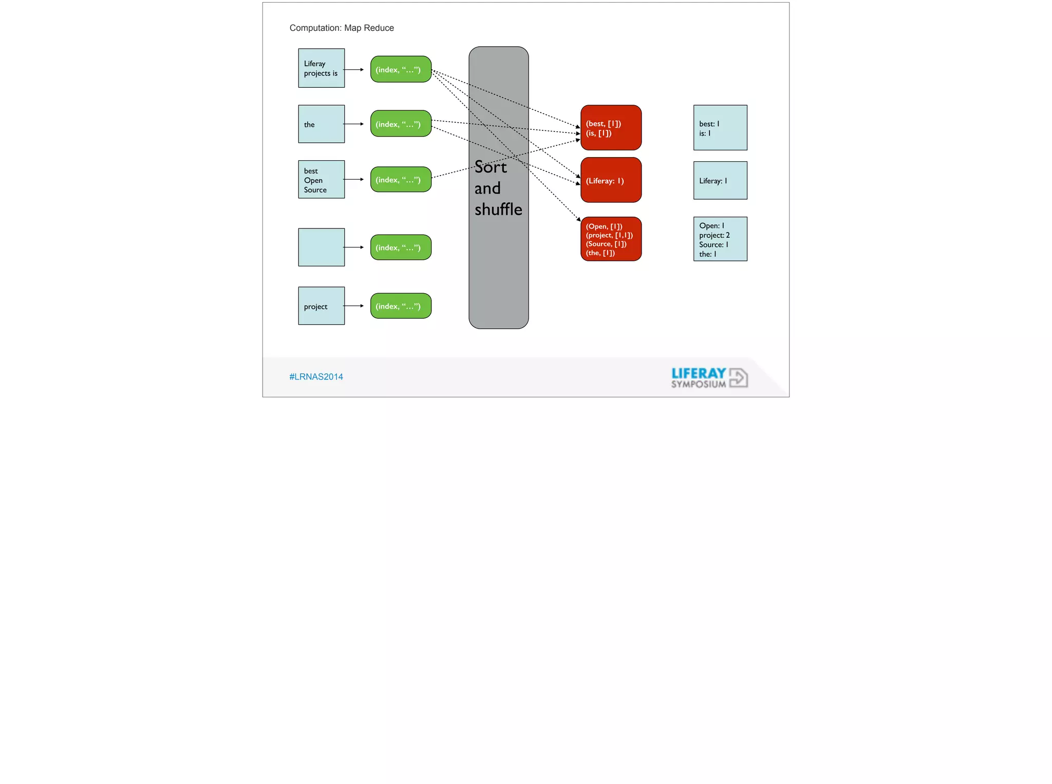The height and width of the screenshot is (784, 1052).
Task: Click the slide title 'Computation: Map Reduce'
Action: click(342, 28)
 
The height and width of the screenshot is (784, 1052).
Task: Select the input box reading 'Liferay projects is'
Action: click(321, 68)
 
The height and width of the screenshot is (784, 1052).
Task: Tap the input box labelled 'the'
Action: click(321, 124)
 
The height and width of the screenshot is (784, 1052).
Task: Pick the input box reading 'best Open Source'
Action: click(321, 180)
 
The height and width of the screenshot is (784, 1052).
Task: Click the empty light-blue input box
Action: click(321, 247)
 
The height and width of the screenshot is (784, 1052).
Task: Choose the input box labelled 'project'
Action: click(321, 306)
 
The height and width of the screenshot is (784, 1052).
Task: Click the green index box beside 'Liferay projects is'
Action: click(401, 69)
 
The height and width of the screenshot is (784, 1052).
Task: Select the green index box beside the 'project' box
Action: click(401, 306)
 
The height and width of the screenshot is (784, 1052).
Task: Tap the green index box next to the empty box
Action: click(401, 247)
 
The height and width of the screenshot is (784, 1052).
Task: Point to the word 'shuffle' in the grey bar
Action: click(498, 209)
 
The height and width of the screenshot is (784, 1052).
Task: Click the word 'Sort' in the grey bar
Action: click(491, 167)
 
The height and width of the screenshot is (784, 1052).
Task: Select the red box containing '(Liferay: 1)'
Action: click(611, 180)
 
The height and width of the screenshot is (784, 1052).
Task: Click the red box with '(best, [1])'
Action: click(611, 128)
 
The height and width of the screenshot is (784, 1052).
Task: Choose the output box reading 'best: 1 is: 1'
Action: click(720, 128)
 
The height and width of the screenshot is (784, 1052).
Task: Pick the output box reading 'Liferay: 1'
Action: click(720, 181)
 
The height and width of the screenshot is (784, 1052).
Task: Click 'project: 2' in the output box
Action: click(714, 235)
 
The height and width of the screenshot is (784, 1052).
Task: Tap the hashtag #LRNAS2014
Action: click(316, 377)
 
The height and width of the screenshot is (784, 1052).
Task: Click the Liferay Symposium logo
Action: click(709, 378)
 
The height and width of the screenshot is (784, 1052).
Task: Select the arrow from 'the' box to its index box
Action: click(353, 124)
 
